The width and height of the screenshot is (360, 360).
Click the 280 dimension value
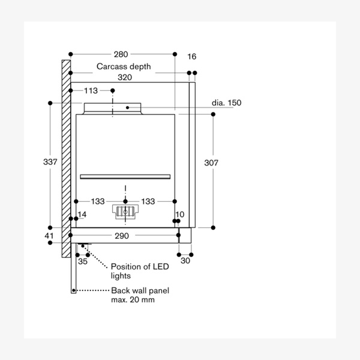pos(121,55)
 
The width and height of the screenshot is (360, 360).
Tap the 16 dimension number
pos(192,56)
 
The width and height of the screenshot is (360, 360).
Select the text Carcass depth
pos(124,67)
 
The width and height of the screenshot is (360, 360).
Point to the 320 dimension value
pos(125,77)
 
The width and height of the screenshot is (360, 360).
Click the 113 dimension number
pos(91,91)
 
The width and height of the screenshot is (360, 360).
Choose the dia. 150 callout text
pos(226,103)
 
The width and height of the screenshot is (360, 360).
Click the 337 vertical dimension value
pos(50,162)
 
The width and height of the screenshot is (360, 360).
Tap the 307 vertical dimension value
pos(211,163)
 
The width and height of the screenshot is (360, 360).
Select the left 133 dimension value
pos(98,202)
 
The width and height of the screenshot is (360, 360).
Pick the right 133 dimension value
pos(148,202)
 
